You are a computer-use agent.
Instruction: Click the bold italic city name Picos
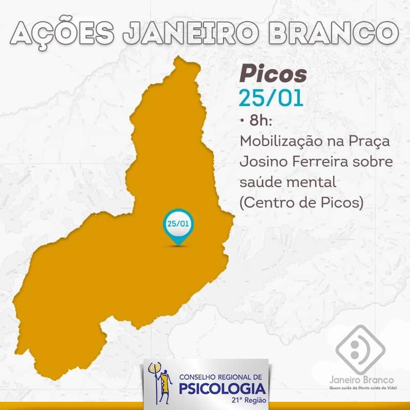tap(273, 75)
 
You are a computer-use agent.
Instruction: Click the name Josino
tap(261, 162)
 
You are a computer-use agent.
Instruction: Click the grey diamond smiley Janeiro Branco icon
tap(360, 349)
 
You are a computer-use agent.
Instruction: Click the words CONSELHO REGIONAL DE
tap(220, 377)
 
